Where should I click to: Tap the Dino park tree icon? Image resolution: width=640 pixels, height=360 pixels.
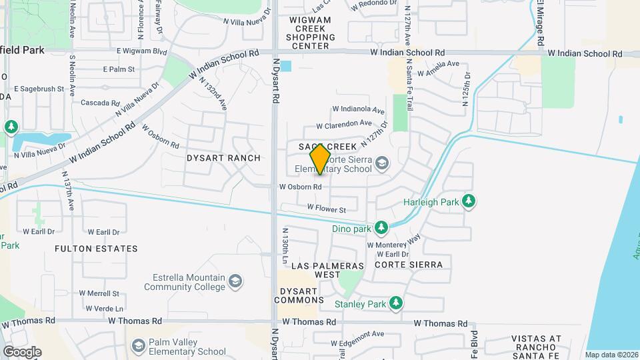pyautogui.click(x=381, y=229)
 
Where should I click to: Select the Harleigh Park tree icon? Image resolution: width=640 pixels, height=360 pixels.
pyautogui.click(x=469, y=201)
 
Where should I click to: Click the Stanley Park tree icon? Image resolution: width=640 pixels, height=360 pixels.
pyautogui.click(x=396, y=304)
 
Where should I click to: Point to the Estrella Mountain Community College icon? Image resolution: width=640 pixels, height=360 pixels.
pyautogui.click(x=235, y=282)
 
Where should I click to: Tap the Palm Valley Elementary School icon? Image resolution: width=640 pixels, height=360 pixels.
pyautogui.click(x=138, y=346)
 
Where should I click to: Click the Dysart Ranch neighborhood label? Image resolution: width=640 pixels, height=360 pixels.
pyautogui.click(x=223, y=158)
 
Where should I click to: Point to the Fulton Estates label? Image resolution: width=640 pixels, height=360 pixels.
pyautogui.click(x=97, y=249)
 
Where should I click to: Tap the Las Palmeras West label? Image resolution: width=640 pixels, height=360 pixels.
pyautogui.click(x=329, y=270)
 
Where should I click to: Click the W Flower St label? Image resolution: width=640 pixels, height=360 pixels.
pyautogui.click(x=327, y=209)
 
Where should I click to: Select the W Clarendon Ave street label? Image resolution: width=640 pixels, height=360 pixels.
pyautogui.click(x=344, y=124)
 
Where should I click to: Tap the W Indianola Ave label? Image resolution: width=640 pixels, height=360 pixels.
pyautogui.click(x=359, y=109)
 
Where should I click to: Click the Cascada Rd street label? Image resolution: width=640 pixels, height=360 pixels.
pyautogui.click(x=99, y=103)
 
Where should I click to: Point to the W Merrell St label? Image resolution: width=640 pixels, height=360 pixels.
pyautogui.click(x=99, y=293)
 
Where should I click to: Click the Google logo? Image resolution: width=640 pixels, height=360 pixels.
pyautogui.click(x=22, y=352)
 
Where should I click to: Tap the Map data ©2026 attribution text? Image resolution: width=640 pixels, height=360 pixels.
pyautogui.click(x=611, y=355)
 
